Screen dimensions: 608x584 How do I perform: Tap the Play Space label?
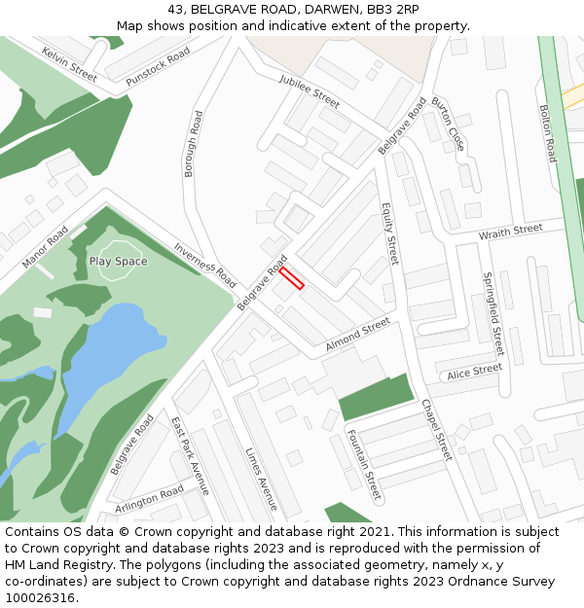click(119, 262)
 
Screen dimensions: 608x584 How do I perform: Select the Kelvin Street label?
click(69, 63)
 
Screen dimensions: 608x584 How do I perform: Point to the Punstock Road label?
click(158, 68)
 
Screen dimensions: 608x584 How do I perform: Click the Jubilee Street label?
click(309, 90)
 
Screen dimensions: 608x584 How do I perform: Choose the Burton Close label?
click(448, 124)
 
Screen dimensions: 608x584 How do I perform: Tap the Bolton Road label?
click(550, 133)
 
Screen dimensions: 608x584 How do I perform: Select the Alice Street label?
click(474, 371)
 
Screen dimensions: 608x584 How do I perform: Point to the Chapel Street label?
click(437, 429)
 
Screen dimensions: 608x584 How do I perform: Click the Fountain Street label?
click(363, 464)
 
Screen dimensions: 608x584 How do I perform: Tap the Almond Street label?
click(357, 332)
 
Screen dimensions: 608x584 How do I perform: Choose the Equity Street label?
click(389, 234)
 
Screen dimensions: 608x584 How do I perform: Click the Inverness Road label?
click(204, 264)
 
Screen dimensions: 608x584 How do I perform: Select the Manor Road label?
click(45, 247)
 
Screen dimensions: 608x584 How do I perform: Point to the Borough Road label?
click(193, 143)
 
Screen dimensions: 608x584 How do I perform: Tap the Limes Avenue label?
click(261, 479)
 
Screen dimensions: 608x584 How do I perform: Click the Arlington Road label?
click(149, 499)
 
